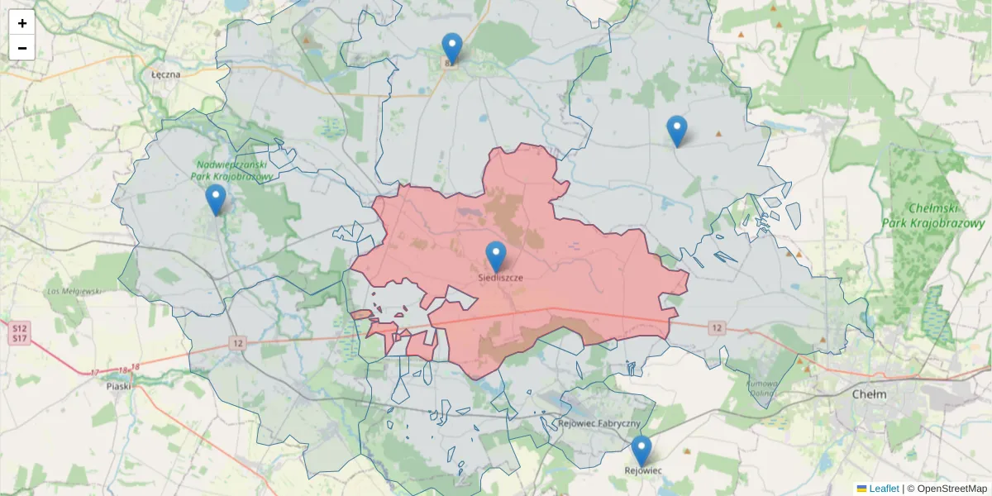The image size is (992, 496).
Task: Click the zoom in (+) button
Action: tap(22, 23)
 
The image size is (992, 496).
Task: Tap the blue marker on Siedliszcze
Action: tap(496, 256)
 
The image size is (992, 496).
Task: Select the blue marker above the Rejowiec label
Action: tap(641, 451)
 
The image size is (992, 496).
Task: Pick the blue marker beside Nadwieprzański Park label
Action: tap(216, 199)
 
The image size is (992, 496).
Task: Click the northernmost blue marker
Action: tap(452, 48)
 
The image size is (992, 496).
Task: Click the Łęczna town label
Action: tap(165, 74)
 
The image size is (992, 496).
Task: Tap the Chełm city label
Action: tap(869, 394)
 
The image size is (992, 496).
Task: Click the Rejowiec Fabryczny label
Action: tap(599, 424)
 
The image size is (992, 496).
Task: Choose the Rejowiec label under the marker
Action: tap(642, 470)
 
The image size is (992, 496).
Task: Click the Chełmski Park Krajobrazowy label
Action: tap(944, 217)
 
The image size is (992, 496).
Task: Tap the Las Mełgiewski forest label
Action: tap(74, 291)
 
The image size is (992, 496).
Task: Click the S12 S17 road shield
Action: tap(19, 333)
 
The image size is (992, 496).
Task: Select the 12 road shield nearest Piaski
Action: tap(238, 343)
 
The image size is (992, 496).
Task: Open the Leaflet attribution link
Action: tap(883, 489)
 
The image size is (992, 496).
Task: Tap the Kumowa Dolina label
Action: tap(762, 389)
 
